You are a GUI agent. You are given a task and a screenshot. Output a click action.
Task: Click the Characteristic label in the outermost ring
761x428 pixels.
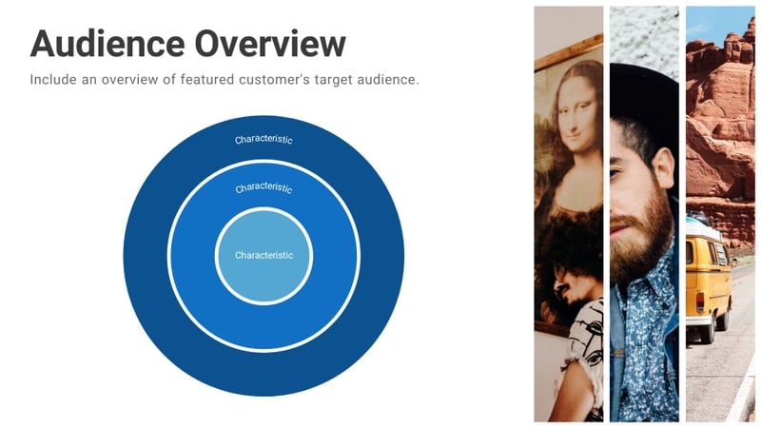pos(263,140)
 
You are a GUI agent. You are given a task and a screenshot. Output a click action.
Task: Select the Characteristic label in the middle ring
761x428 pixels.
pos(263,188)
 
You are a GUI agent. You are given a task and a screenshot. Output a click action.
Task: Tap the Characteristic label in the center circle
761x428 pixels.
pos(263,255)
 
